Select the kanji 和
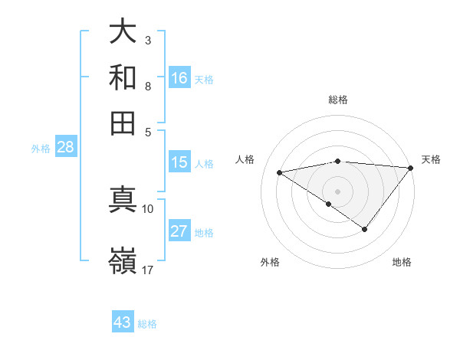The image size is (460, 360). (x=123, y=78)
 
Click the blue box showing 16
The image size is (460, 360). (x=179, y=78)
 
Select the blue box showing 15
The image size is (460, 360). (x=179, y=162)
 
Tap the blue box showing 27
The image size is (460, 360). (x=179, y=231)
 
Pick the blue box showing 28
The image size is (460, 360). (x=65, y=148)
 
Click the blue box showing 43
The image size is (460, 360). (x=123, y=322)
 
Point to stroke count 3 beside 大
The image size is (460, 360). (x=147, y=39)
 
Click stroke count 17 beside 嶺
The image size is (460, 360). (x=148, y=270)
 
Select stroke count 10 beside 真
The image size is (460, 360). (x=148, y=208)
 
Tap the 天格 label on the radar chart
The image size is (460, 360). (x=431, y=159)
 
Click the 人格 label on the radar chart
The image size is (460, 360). (x=246, y=159)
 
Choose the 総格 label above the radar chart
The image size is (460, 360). (x=338, y=100)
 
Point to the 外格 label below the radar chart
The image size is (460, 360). (x=270, y=262)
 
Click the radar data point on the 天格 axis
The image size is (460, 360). (x=411, y=167)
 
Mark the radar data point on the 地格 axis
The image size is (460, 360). (x=365, y=229)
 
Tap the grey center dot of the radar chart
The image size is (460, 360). (x=338, y=191)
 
